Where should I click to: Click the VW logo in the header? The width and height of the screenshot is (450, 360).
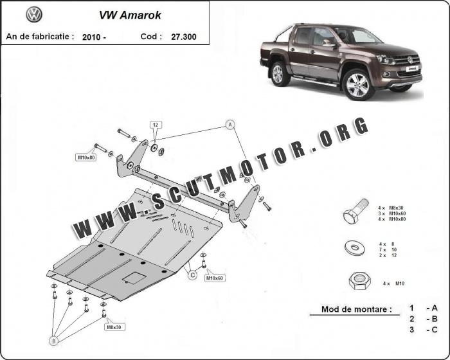point(34,15)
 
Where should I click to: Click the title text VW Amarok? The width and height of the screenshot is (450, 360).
point(130,15)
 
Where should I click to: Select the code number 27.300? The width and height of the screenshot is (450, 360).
point(184,37)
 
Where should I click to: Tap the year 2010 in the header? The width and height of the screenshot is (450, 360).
point(91,37)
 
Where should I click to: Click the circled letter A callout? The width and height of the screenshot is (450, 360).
point(230,125)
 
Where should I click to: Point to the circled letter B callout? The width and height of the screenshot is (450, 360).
point(53,341)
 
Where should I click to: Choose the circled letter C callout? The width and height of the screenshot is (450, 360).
point(193,275)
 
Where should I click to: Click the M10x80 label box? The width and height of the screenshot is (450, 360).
point(86,157)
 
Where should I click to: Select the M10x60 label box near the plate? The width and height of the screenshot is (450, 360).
point(215,278)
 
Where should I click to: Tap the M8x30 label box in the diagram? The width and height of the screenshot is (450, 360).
point(114,327)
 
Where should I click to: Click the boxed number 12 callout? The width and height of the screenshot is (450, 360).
point(156,125)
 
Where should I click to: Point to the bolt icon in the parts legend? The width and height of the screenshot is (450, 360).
point(356,212)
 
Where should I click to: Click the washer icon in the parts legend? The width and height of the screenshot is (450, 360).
point(355,247)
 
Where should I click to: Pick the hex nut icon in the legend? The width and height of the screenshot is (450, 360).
point(359,280)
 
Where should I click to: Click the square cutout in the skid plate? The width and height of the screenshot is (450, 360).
point(134,278)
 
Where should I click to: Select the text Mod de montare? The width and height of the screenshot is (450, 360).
point(356,309)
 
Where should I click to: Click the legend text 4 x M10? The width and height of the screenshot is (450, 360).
point(393,283)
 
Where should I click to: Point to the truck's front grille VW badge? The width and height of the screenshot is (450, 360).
point(410,60)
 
